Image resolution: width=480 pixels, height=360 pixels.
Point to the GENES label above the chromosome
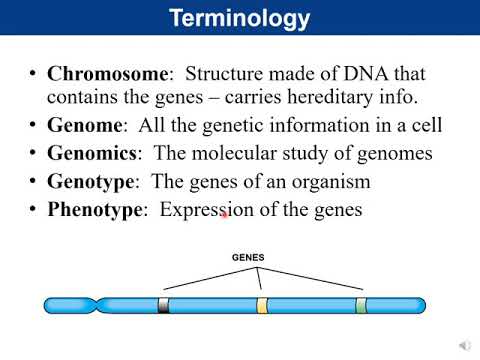point(248,257)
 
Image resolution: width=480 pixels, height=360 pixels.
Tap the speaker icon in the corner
point(465,345)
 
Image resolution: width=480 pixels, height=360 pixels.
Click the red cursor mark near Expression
point(225,213)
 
